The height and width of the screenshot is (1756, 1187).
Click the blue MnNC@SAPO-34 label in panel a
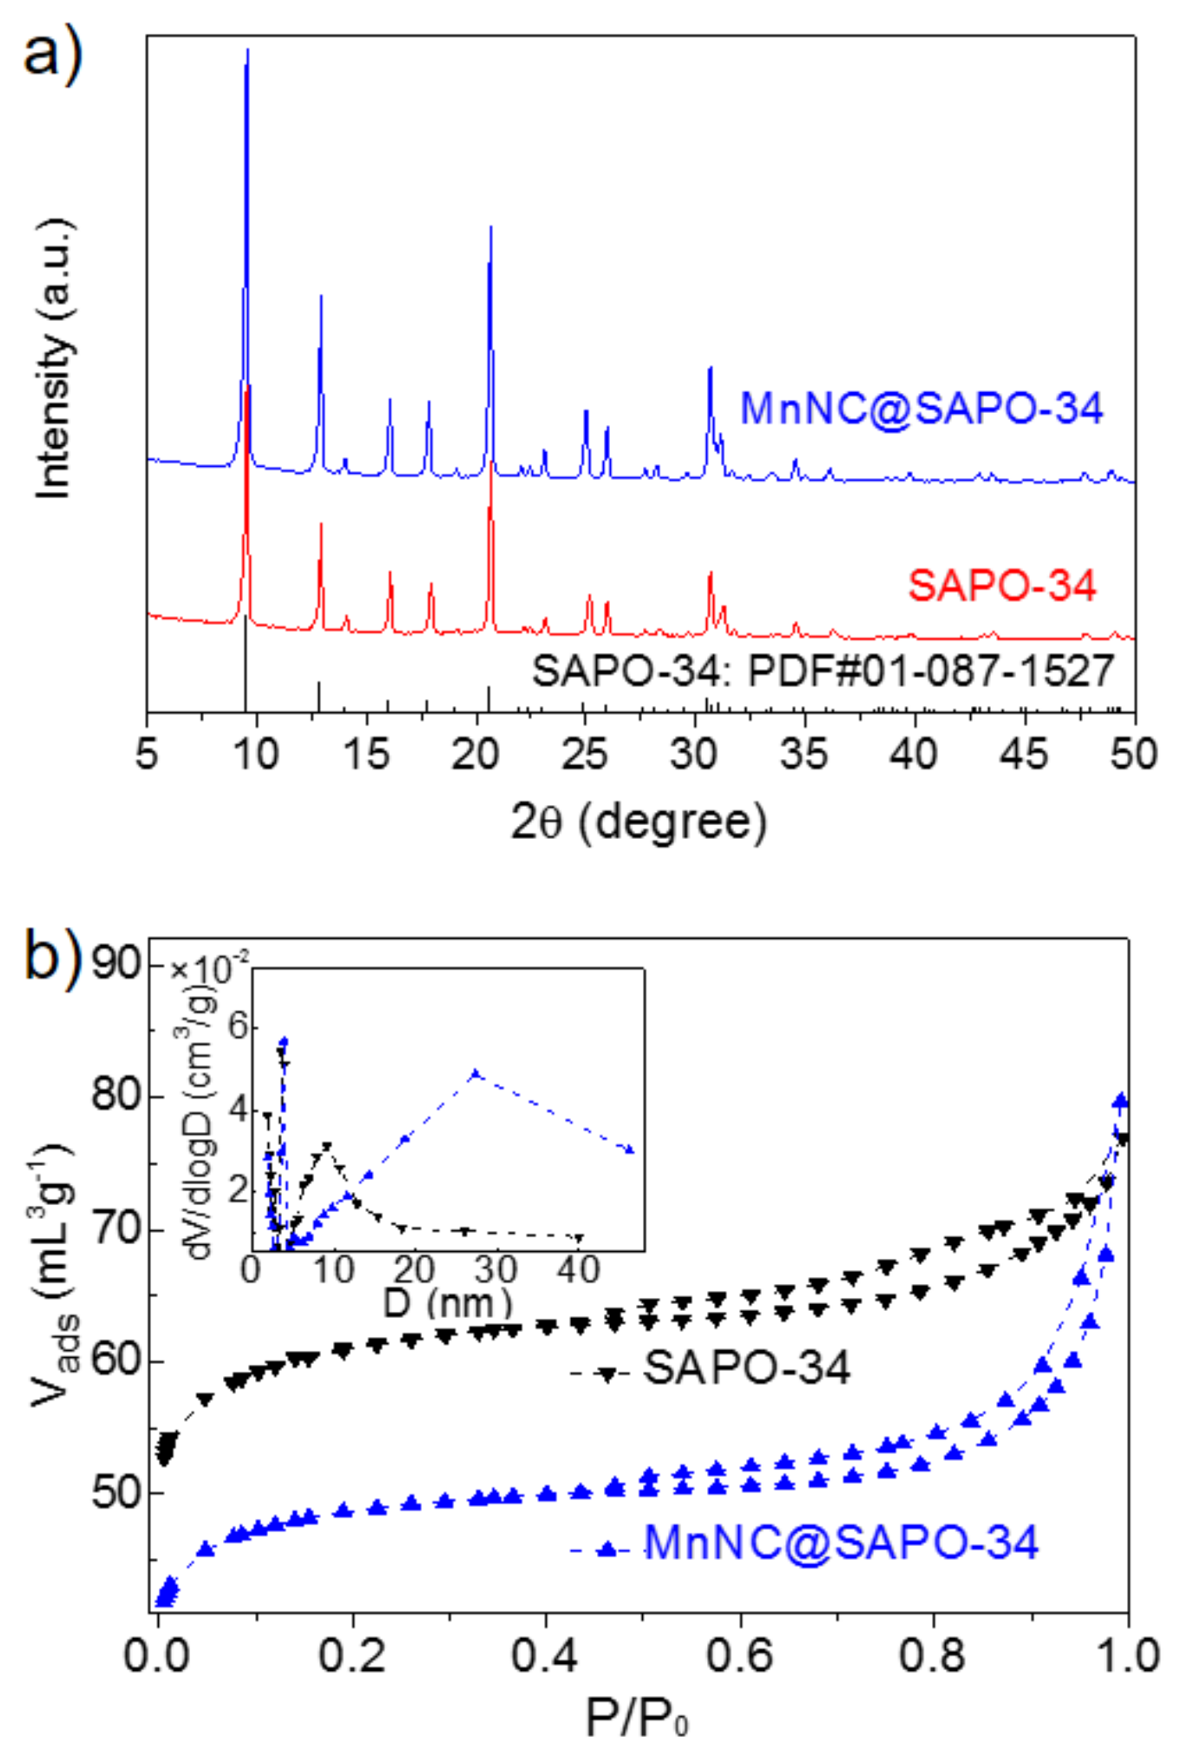pos(921,409)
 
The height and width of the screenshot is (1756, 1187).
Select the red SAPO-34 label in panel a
pos(1002,586)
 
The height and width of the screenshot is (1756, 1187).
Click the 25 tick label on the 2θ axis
pos(584,754)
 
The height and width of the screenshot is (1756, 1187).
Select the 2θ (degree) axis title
pos(639,822)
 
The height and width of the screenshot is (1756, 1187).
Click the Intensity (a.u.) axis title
pos(54,358)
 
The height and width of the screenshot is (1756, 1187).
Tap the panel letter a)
pos(52,54)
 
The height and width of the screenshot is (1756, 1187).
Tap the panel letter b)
pos(52,954)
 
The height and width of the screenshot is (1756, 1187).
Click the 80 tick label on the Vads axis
pos(116,1096)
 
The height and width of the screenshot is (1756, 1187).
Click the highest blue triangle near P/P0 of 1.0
pos(1120,1101)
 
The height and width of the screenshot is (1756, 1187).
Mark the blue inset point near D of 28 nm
pos(475,1074)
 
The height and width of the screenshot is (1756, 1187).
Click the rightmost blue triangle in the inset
pos(630,1150)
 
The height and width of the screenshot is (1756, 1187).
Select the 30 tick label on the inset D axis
pos(495,1271)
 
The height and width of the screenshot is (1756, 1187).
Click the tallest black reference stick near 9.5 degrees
pos(246,664)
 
